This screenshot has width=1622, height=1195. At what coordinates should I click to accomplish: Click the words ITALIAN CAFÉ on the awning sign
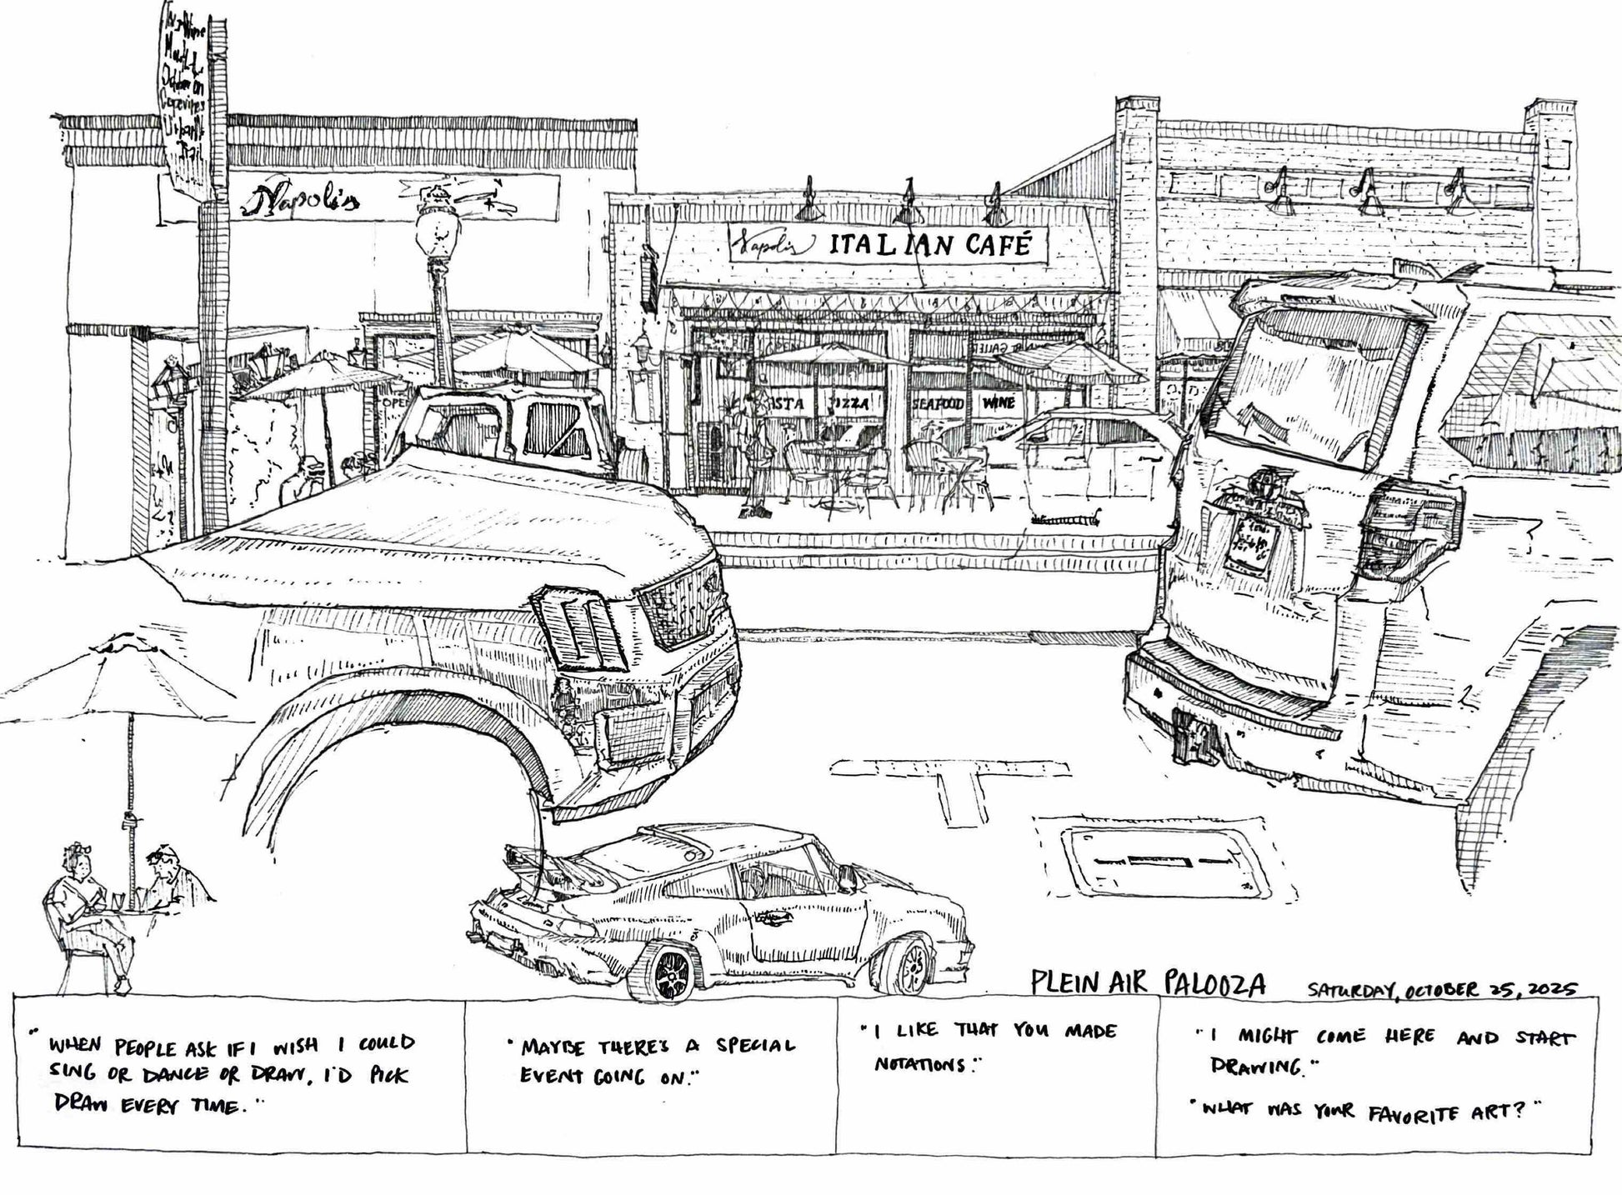[x=929, y=246]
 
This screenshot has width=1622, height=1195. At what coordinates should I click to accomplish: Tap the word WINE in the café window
[x=998, y=403]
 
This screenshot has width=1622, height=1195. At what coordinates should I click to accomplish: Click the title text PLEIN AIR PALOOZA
[x=1148, y=983]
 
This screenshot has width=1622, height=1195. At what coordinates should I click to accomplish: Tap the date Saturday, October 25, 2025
[x=1441, y=989]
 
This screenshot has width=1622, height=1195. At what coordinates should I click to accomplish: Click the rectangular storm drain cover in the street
[x=1163, y=860]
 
